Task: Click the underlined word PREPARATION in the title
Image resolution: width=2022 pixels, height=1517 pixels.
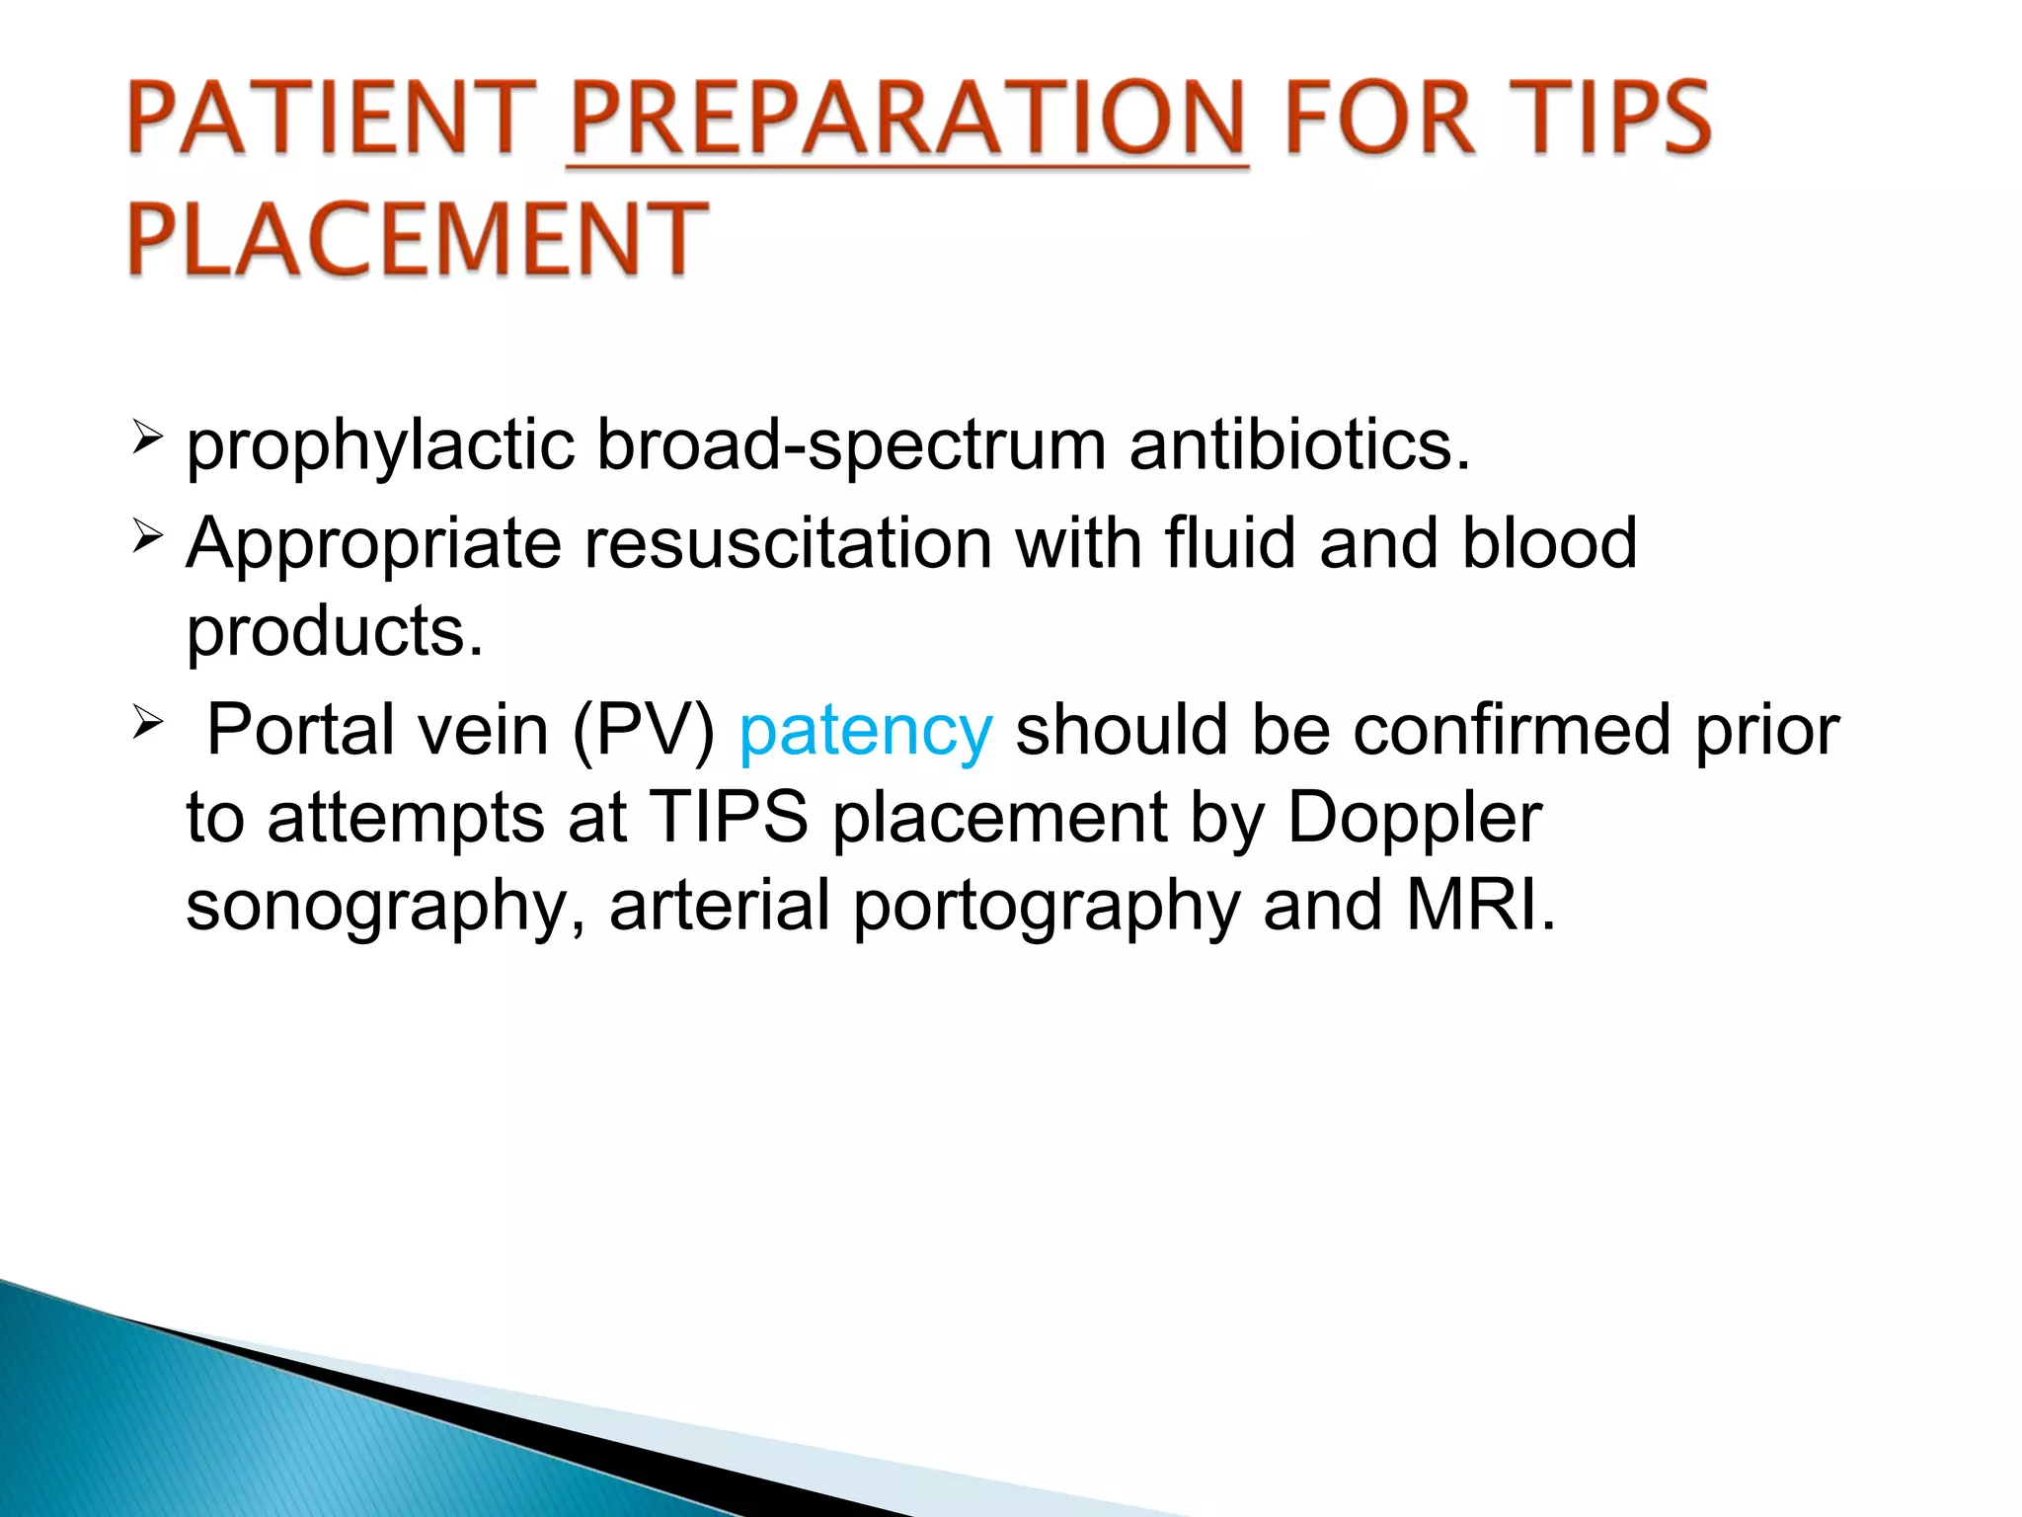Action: (907, 120)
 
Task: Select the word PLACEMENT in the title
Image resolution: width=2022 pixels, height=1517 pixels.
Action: (417, 239)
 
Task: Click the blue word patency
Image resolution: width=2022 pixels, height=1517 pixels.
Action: (865, 731)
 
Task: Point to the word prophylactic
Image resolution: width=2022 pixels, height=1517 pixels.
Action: (380, 446)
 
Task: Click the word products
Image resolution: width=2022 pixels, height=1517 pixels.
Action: (335, 632)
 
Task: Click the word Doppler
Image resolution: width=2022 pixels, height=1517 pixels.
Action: (1414, 818)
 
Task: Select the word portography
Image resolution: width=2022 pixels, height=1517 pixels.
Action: (1046, 907)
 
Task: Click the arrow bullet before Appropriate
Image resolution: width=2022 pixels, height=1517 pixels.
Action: (146, 538)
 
